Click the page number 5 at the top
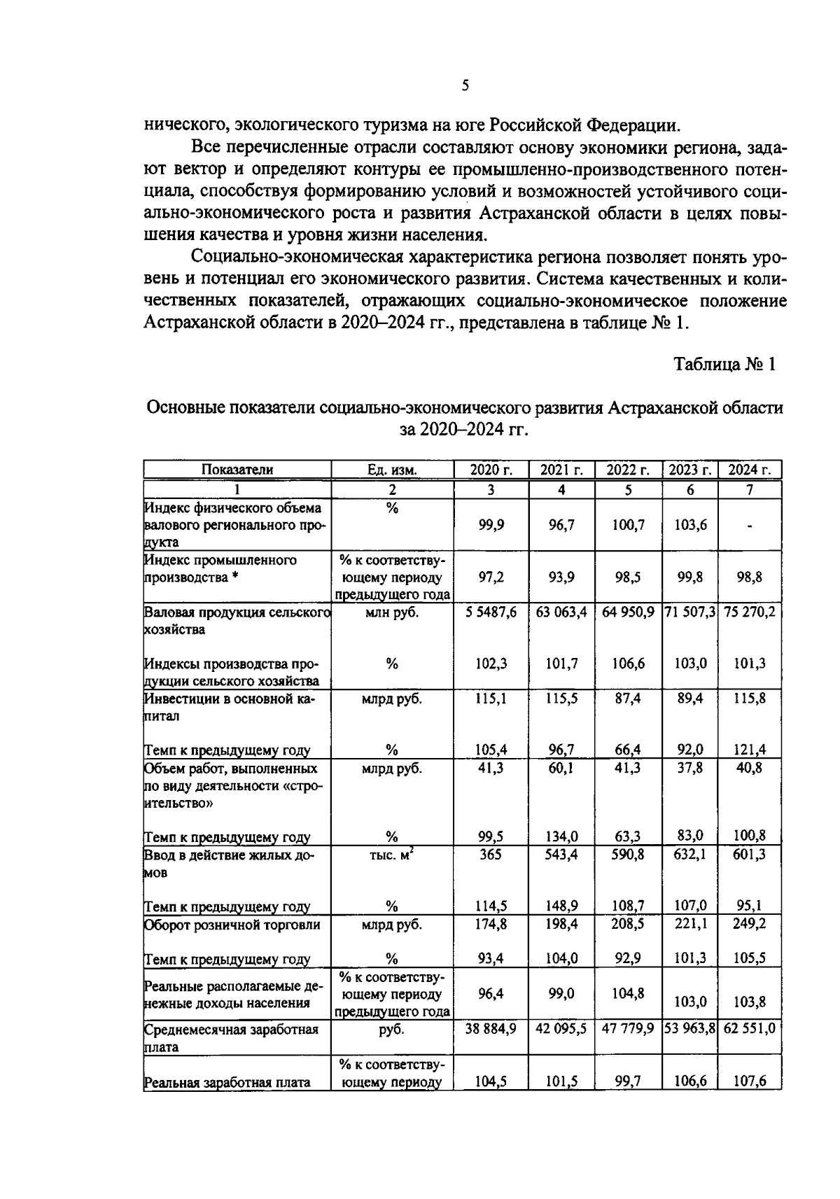pyautogui.click(x=465, y=86)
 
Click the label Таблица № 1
pyautogui.click(x=724, y=365)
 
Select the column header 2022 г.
pyautogui.click(x=628, y=470)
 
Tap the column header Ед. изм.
pyautogui.click(x=392, y=470)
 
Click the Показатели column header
pyautogui.click(x=237, y=470)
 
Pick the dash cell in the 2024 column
pyautogui.click(x=749, y=525)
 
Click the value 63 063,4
pyautogui.click(x=561, y=612)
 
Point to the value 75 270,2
pyautogui.click(x=749, y=612)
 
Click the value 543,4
pyautogui.click(x=561, y=855)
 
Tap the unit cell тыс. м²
pyautogui.click(x=392, y=855)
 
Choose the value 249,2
pyautogui.click(x=749, y=924)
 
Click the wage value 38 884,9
pyautogui.click(x=491, y=1029)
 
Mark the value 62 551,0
pyautogui.click(x=749, y=1029)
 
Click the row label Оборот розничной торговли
pyautogui.click(x=232, y=925)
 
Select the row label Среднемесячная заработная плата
pyautogui.click(x=231, y=1037)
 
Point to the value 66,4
pyautogui.click(x=628, y=750)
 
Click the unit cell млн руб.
pyautogui.click(x=392, y=612)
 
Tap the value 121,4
pyautogui.click(x=749, y=750)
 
